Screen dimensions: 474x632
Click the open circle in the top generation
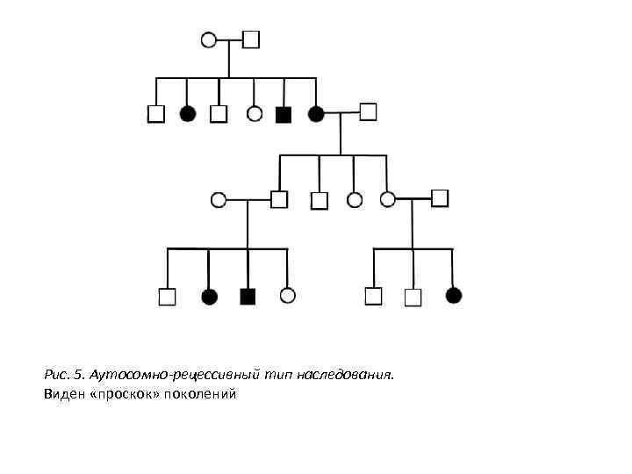[209, 39]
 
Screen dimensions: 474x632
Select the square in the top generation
[251, 39]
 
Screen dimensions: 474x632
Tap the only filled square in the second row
[283, 114]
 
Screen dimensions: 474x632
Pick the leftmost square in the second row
[156, 114]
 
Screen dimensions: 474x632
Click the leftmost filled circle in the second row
[187, 113]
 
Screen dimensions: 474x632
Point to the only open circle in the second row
[255, 113]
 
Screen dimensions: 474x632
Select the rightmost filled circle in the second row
[316, 113]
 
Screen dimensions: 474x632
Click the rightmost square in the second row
[369, 111]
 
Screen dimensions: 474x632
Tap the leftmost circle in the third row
[219, 200]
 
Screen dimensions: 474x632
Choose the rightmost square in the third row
[440, 197]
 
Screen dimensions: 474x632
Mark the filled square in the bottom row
[248, 297]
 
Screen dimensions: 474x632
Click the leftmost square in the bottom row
[167, 297]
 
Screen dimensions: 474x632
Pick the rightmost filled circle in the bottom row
[453, 296]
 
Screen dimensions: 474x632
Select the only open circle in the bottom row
[287, 296]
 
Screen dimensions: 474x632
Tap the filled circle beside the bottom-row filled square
[209, 297]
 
